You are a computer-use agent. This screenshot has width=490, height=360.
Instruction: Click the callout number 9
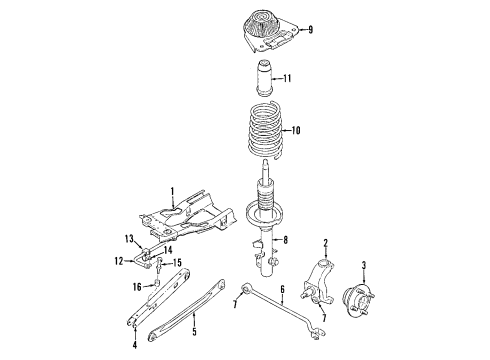point(310,30)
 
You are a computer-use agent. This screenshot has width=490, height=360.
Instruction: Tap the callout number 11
point(287,78)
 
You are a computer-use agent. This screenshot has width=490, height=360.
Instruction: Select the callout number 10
point(296,130)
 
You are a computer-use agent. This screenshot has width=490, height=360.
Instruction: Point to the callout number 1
point(172,192)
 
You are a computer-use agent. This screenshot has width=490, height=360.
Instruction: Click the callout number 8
point(285,240)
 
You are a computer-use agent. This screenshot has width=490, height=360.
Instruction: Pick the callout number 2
point(326,243)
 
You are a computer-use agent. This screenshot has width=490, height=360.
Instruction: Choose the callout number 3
point(364,266)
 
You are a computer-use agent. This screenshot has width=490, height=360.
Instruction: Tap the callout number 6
point(283,290)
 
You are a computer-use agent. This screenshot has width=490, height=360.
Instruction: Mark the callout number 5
point(194,331)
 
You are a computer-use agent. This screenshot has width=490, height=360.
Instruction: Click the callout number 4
point(135,344)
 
